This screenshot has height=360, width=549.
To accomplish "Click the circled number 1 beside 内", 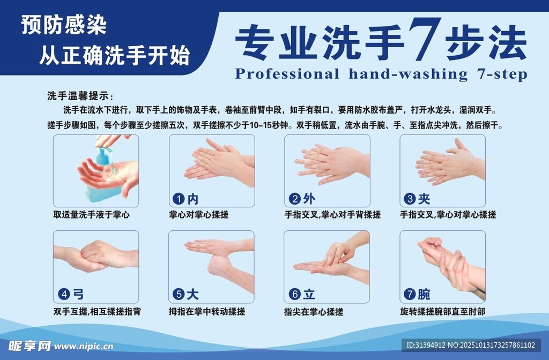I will [178, 199].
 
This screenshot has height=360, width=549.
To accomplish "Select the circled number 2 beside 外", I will [294, 199].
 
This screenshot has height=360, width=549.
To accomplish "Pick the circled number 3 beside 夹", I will [410, 199].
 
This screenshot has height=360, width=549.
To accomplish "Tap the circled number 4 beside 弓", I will [63, 294].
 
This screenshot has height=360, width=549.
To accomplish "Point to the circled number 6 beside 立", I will [294, 294].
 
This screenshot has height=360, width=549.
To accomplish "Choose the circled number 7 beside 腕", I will [410, 294].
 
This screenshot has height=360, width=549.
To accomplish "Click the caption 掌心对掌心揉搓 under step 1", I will [198, 215].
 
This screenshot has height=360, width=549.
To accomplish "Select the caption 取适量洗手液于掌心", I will [91, 215].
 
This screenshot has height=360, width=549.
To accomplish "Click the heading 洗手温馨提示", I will [79, 96].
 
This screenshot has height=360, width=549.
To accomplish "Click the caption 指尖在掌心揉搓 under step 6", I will [314, 311].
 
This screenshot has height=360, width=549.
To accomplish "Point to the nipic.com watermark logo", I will [59, 346].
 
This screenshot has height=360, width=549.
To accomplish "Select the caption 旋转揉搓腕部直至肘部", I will [442, 311].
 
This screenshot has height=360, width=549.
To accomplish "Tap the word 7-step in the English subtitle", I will [501, 73].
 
